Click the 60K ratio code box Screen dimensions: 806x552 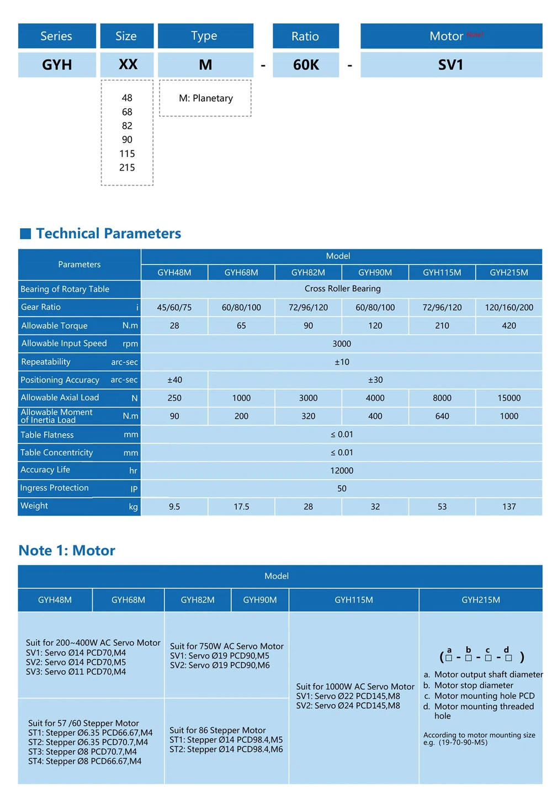tap(305, 65)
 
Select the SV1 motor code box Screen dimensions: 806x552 tap(450, 65)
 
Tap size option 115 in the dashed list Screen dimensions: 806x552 tap(127, 154)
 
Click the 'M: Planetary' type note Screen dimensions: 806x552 tap(205, 98)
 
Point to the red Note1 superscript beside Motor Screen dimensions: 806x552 tap(474, 34)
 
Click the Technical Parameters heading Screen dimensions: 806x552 tap(108, 233)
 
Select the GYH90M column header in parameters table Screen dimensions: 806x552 tap(375, 272)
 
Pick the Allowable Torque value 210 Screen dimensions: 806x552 tap(442, 325)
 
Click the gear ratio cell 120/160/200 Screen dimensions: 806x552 tap(508, 307)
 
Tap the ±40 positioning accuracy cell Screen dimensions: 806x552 tap(174, 380)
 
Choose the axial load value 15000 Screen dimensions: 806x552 tap(508, 398)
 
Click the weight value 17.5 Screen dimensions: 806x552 tap(241, 507)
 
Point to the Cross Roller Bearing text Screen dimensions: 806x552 tap(342, 288)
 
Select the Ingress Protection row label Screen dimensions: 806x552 tap(54, 488)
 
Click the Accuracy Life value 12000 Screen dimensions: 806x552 tap(342, 471)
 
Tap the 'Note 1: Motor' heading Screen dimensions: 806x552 tap(67, 550)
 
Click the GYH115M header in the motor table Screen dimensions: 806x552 tap(353, 600)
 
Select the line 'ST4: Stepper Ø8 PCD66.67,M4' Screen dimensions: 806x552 tap(84, 761)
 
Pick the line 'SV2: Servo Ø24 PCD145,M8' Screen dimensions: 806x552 tap(348, 705)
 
